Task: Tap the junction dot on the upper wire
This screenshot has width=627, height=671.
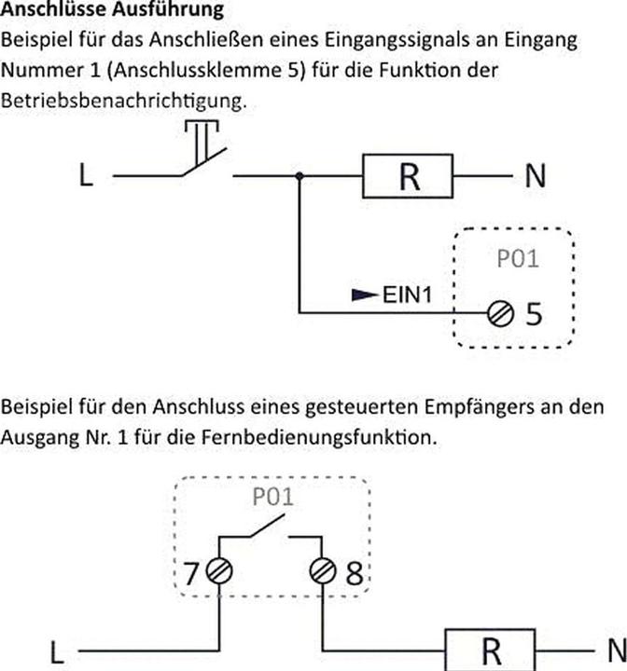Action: (x=300, y=176)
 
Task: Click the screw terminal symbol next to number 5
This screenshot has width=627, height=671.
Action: (x=500, y=314)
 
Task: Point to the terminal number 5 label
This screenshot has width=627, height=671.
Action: (x=534, y=314)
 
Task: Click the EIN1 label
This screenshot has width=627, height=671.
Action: (x=407, y=294)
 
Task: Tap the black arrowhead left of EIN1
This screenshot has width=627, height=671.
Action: (x=365, y=294)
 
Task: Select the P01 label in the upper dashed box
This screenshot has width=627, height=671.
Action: (x=517, y=259)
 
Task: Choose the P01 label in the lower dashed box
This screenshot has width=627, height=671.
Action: (x=273, y=497)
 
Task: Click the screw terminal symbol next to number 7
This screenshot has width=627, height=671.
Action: (x=219, y=571)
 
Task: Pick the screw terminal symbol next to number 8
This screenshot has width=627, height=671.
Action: (x=323, y=571)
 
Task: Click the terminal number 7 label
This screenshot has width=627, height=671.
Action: (x=191, y=572)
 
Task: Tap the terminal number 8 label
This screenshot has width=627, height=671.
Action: (x=354, y=573)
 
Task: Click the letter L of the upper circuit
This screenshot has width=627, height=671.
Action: (x=86, y=175)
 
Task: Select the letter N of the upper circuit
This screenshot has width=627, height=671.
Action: (x=536, y=176)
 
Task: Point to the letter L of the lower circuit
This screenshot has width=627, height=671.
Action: (x=57, y=652)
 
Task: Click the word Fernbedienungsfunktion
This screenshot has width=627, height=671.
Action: (x=319, y=437)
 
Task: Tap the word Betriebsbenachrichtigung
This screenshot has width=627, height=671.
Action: (x=124, y=101)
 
